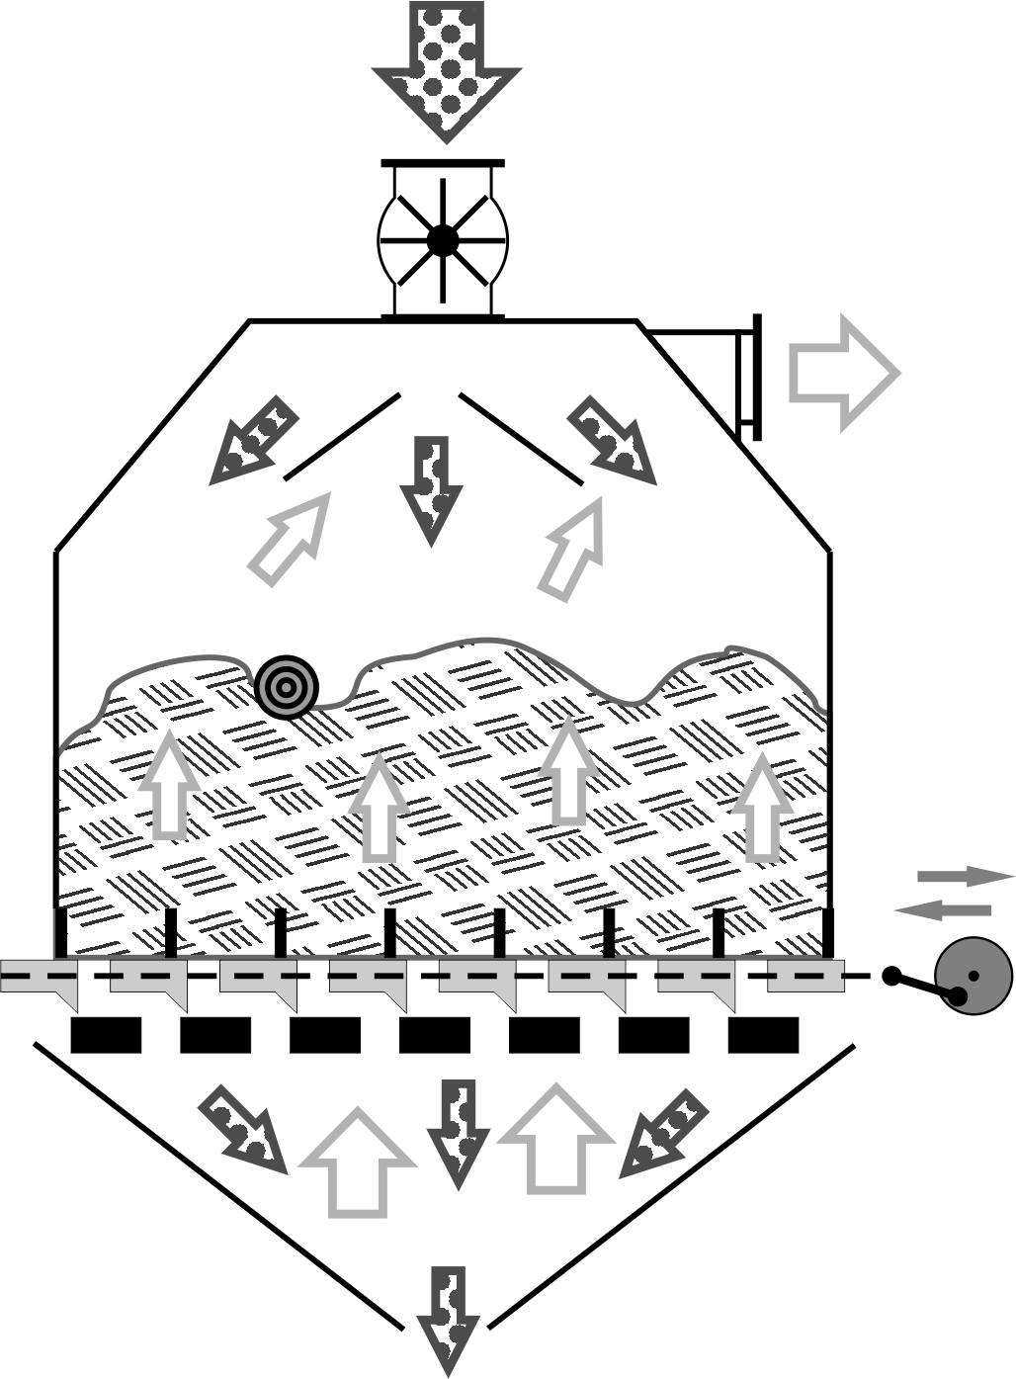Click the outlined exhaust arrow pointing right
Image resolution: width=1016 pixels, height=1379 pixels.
coord(842,373)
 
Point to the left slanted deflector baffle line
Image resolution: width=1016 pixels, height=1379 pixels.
coord(342,437)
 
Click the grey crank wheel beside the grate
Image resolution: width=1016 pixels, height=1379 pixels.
coord(974,977)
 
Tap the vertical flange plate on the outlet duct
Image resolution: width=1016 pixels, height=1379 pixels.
coord(757,377)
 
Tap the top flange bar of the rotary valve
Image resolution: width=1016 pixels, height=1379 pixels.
coord(443,162)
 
